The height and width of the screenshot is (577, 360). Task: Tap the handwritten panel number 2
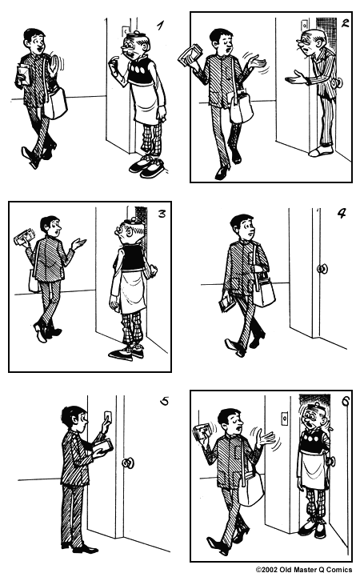click(344, 23)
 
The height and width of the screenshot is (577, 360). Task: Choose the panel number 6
click(345, 403)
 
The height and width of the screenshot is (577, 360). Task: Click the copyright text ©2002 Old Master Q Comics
click(306, 570)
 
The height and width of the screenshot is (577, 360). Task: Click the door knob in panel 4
click(322, 269)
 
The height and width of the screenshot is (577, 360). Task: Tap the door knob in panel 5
click(127, 463)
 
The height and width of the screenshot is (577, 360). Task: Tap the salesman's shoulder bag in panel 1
click(55, 102)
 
